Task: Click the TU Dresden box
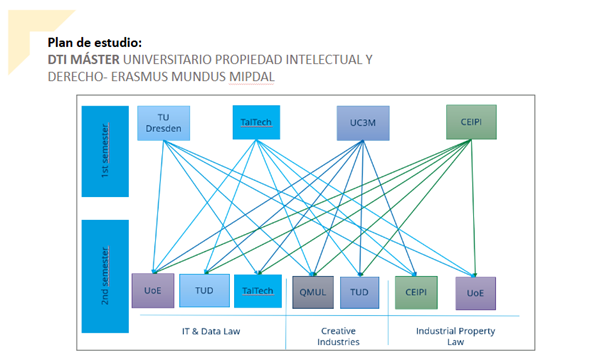(164, 123)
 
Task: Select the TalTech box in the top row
(256, 122)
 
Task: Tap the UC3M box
(363, 123)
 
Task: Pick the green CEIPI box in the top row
(471, 122)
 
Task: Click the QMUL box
(313, 292)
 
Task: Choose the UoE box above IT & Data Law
(153, 291)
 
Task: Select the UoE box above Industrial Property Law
(475, 293)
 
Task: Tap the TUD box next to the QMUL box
(359, 292)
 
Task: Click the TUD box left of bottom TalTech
(204, 291)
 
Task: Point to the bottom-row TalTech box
(258, 291)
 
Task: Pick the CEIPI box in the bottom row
(416, 292)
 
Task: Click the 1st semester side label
(105, 151)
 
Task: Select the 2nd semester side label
(105, 276)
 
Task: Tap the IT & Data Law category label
(211, 331)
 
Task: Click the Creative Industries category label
(338, 336)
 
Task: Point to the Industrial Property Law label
(455, 336)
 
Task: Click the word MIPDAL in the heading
(251, 76)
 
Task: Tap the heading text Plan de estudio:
(95, 43)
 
